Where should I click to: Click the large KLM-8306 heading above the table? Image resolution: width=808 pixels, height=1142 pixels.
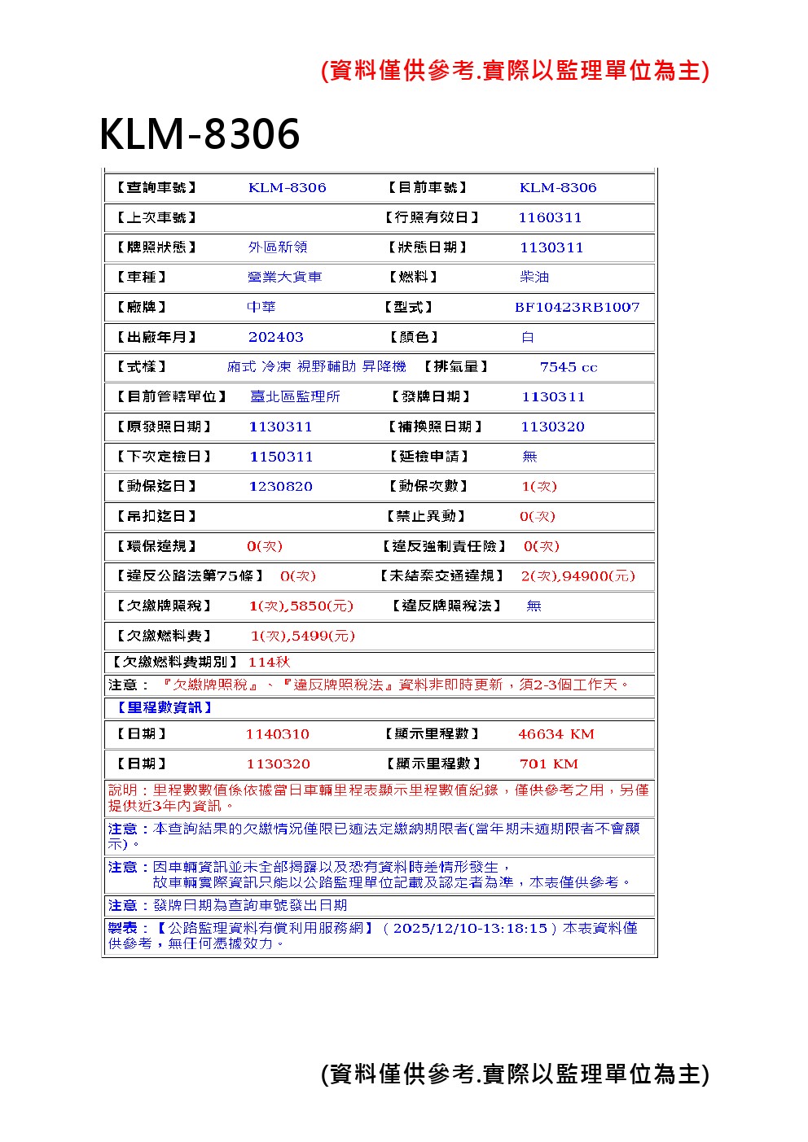coord(200,134)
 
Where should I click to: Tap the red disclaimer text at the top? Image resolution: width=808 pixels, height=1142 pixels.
coord(515,71)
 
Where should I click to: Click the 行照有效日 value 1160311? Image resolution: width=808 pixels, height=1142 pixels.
coord(550,217)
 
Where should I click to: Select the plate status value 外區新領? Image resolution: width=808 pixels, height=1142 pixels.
coord(278,247)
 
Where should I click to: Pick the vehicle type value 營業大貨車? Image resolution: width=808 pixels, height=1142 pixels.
coord(284,278)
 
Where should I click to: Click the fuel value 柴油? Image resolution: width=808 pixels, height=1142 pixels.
coord(534,278)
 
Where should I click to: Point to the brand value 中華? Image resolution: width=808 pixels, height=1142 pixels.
coord(261,307)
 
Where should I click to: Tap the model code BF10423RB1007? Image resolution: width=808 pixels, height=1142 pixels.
coord(577,307)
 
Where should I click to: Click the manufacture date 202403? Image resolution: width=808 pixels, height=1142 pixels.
coord(276,337)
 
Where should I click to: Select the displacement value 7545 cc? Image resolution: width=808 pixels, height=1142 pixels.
coord(569,367)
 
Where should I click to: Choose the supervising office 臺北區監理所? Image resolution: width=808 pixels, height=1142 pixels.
coord(295,396)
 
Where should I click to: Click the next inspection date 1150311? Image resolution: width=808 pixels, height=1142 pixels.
coord(281,457)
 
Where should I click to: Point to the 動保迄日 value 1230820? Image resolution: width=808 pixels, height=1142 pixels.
coord(281,487)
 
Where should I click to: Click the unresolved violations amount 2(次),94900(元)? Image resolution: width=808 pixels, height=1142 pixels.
coord(577,576)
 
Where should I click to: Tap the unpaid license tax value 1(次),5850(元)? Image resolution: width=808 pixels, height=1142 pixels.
coord(301,606)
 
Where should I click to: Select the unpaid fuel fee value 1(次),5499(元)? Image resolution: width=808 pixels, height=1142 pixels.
coord(303,636)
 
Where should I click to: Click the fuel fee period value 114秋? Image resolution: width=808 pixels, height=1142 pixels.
coord(269,662)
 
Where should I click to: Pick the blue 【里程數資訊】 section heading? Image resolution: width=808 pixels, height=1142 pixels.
coord(160,707)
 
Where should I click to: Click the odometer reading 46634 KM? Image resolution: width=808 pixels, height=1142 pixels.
coord(556,734)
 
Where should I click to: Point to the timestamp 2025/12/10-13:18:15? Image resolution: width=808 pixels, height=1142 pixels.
coord(470,928)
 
